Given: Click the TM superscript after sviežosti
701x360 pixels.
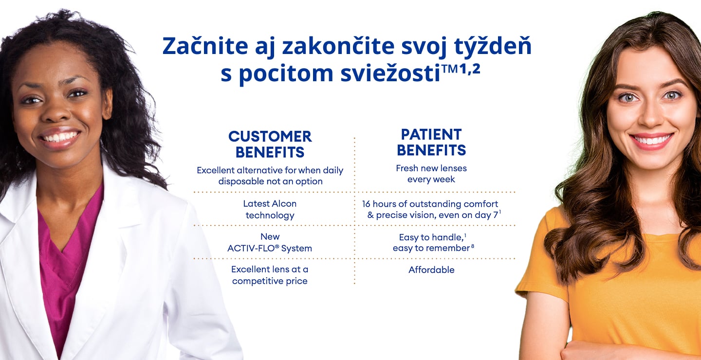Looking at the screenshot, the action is (449, 68).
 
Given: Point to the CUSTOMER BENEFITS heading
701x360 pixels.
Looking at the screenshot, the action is (270, 144).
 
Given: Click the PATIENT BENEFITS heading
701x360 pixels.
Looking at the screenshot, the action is (431, 142).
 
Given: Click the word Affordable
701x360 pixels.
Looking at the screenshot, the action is (431, 270).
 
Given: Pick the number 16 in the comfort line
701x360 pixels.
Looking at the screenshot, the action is (366, 204).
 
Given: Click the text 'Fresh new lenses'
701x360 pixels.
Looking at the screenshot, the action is (431, 168).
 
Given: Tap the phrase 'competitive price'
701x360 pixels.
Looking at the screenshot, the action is (270, 281).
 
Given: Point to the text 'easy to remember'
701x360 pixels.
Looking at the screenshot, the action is (431, 248).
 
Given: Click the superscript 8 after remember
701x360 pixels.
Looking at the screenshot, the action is (473, 246).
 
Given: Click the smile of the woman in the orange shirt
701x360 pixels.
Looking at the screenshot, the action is (651, 140).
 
